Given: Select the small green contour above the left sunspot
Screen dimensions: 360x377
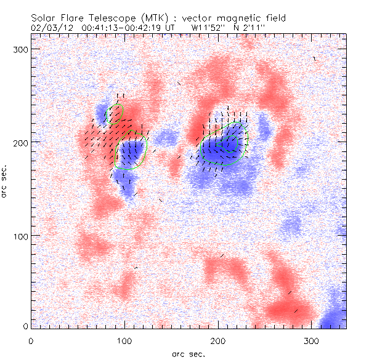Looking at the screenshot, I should coord(115,113).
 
